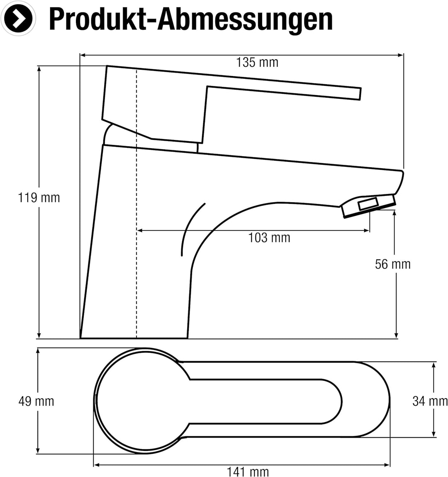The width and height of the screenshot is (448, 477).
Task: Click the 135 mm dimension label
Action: (257, 62)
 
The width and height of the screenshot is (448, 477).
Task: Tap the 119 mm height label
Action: (39, 198)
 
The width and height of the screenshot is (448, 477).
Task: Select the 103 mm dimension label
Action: (269, 237)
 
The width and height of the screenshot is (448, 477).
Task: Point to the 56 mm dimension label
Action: (393, 264)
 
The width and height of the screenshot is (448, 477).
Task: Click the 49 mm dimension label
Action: (36, 401)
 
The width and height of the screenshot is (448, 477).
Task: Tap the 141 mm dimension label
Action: (248, 472)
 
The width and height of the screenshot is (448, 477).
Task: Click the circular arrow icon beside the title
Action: (18, 19)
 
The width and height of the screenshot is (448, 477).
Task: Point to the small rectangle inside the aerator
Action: (368, 203)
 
